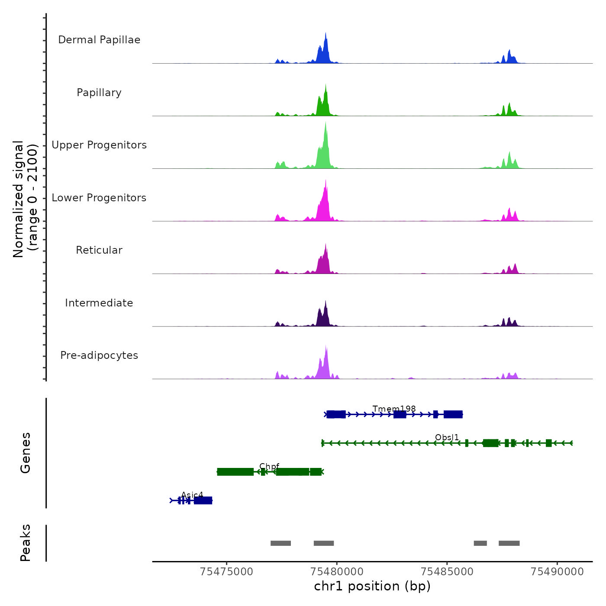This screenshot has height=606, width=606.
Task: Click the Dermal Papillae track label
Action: pos(99,40)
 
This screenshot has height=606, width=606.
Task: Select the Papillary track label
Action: pos(99,93)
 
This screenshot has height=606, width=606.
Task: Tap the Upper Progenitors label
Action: pos(99,145)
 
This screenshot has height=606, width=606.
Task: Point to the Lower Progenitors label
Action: pos(99,198)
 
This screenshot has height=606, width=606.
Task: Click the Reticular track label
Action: pos(99,250)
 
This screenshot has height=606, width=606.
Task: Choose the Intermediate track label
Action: pos(99,303)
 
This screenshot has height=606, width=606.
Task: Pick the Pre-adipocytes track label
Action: pos(99,355)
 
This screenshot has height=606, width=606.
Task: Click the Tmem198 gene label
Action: pos(394,409)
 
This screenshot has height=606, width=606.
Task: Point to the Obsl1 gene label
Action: pos(447,438)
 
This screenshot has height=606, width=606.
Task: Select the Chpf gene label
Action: pos(269,466)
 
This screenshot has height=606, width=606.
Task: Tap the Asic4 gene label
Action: pos(192,495)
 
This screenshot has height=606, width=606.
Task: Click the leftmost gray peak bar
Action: pos(280,543)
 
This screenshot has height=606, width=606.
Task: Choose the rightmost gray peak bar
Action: pos(509,543)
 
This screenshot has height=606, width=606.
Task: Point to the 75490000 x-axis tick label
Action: pos(557,571)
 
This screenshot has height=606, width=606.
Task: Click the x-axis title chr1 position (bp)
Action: pos(372,587)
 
